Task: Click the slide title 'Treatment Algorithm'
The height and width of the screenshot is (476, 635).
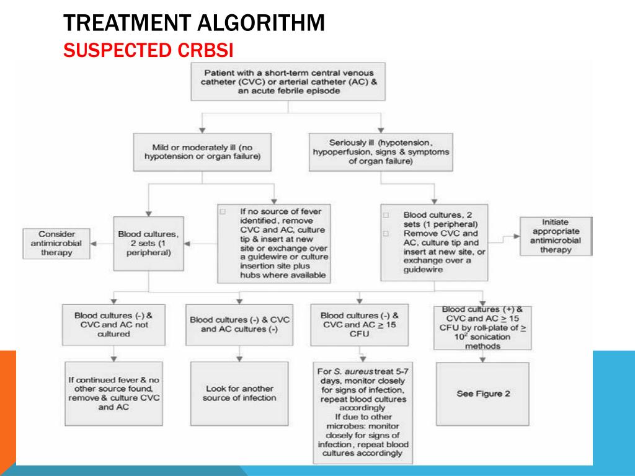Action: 195,23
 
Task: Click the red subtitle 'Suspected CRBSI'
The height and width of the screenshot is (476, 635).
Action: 151,50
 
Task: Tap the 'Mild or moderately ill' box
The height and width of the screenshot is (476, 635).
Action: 202,152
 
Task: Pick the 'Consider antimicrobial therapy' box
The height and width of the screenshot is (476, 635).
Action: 56,243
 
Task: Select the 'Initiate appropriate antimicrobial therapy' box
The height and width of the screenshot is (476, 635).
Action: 555,236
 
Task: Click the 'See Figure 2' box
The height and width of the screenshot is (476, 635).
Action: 482,394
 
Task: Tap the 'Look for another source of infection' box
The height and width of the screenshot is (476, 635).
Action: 239,394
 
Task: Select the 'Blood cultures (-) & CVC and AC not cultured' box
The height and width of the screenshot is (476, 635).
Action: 113,324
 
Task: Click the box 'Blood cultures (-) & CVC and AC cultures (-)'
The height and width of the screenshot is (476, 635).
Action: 239,325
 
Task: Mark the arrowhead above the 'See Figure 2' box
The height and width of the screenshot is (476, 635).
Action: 483,358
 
